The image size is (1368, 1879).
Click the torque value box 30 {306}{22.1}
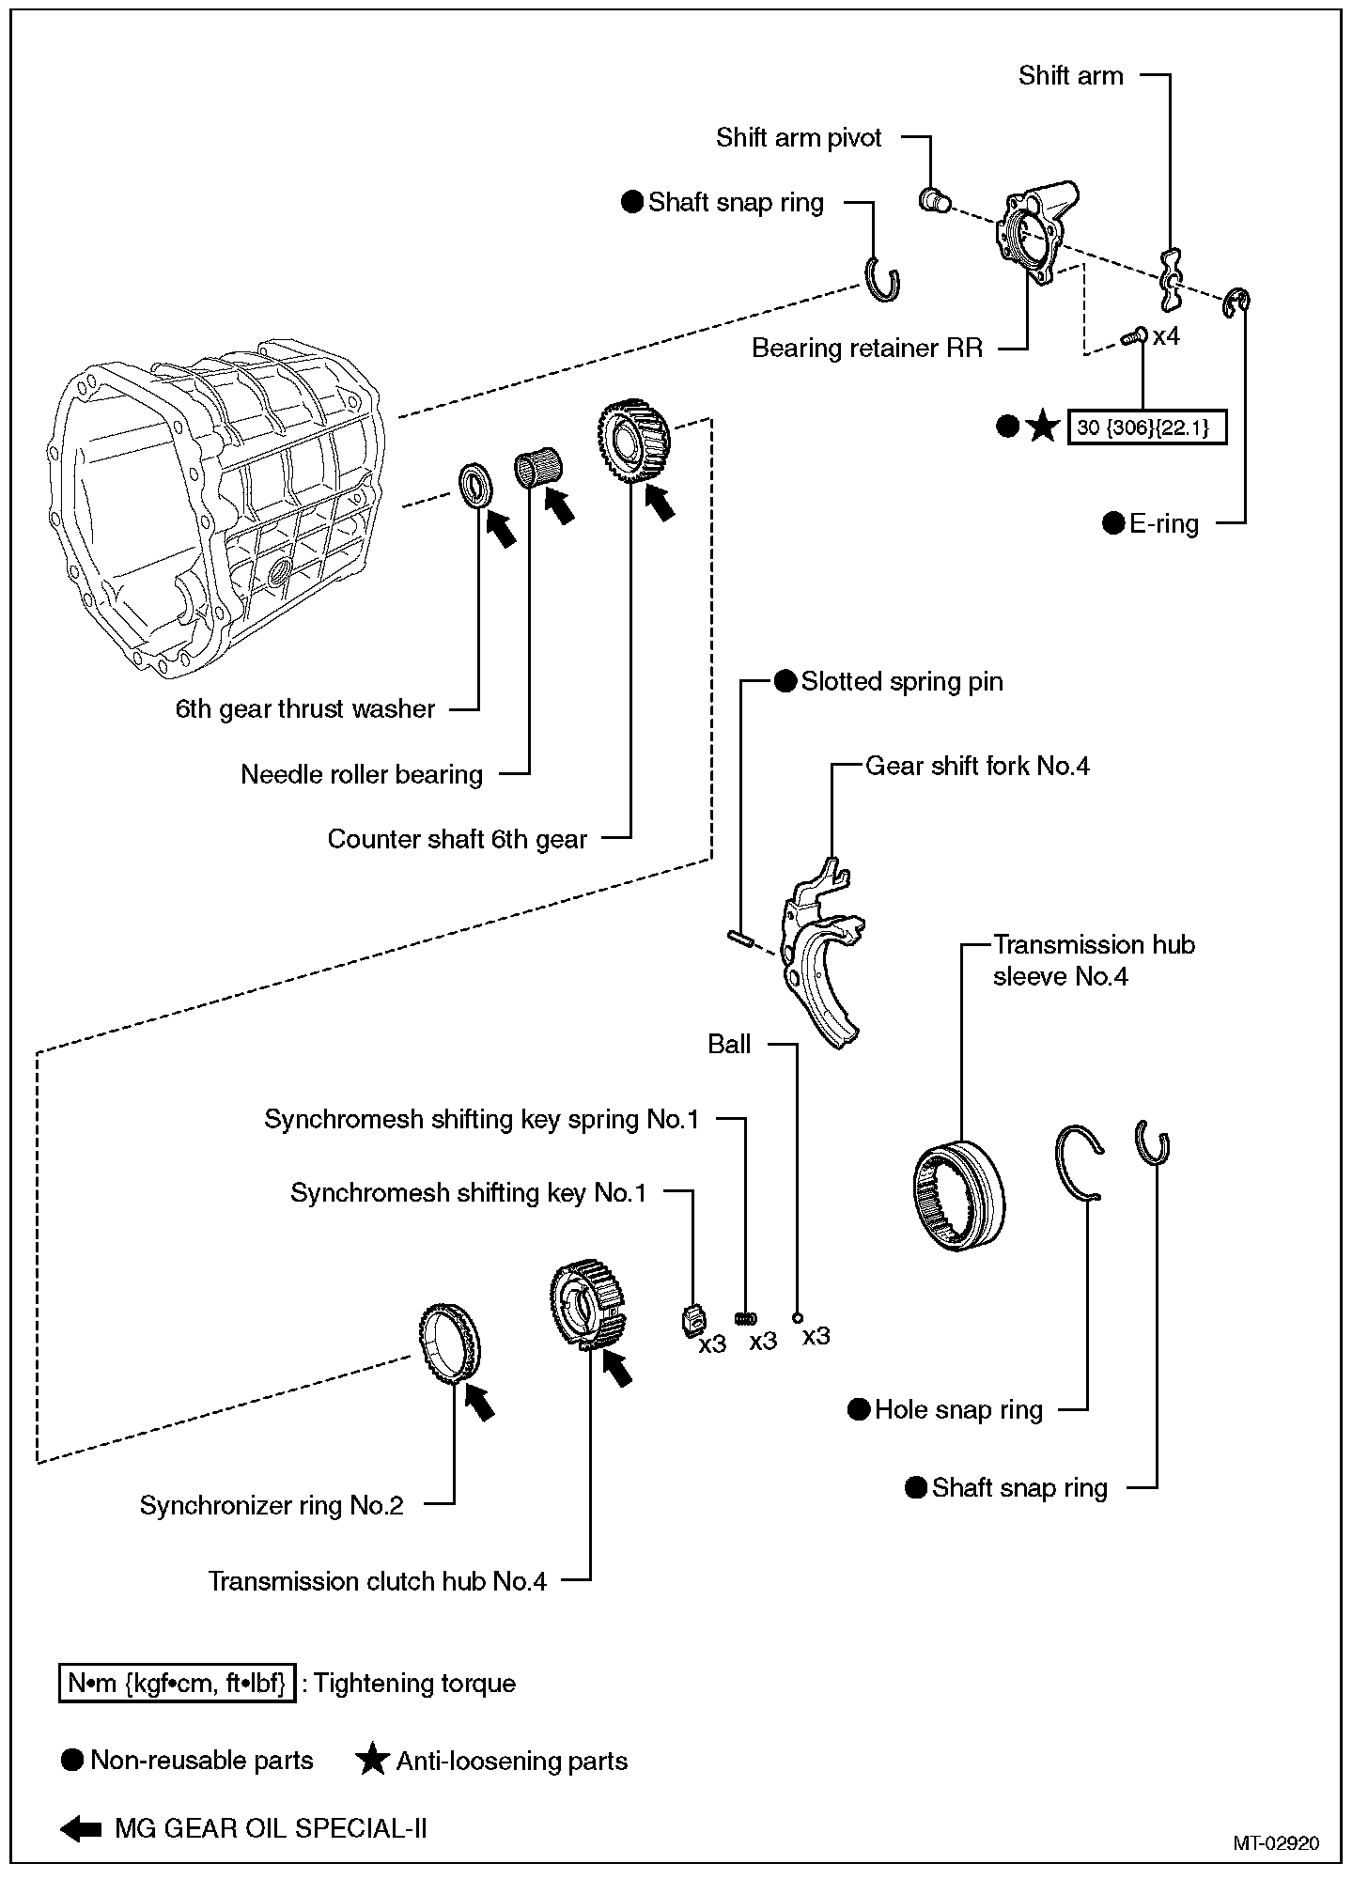1146,427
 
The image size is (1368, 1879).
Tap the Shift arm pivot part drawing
933,200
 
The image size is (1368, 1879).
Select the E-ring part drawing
1237,303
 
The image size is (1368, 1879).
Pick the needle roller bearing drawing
538,468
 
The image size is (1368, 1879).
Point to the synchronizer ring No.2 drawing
449,1344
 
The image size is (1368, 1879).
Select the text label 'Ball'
729,1045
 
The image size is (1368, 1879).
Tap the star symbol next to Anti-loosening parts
373,1760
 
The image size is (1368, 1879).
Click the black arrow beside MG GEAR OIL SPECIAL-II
81,1828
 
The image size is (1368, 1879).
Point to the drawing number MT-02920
1276,1843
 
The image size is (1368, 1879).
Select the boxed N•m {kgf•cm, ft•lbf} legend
177,1683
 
